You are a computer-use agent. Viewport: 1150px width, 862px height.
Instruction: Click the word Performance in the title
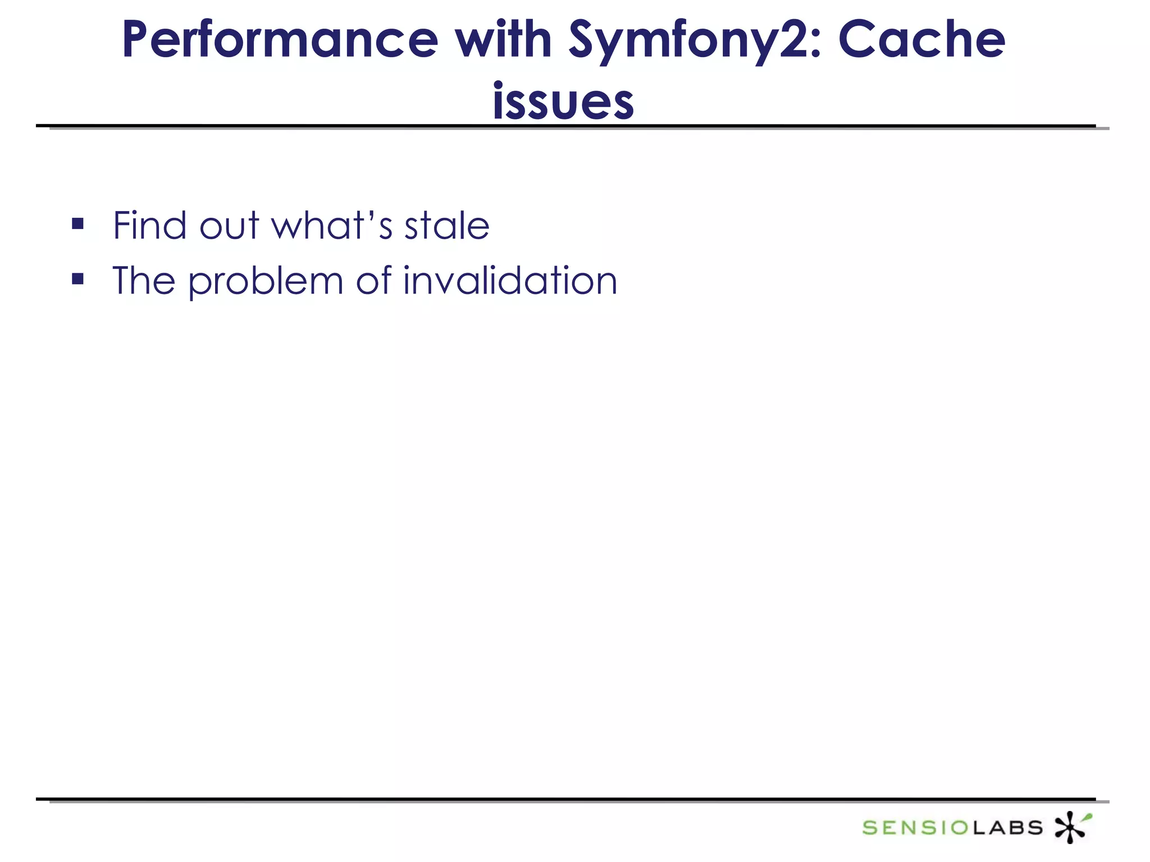[280, 40]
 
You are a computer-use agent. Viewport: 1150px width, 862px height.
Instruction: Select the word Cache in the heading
[921, 40]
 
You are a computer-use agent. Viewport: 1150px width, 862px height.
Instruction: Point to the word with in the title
[503, 40]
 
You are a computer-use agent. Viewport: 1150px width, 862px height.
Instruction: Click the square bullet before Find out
[78, 224]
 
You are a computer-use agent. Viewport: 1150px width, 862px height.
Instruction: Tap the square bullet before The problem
[78, 279]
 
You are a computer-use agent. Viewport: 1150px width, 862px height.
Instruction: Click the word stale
[447, 226]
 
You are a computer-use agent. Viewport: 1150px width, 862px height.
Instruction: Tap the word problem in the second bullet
[265, 282]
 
